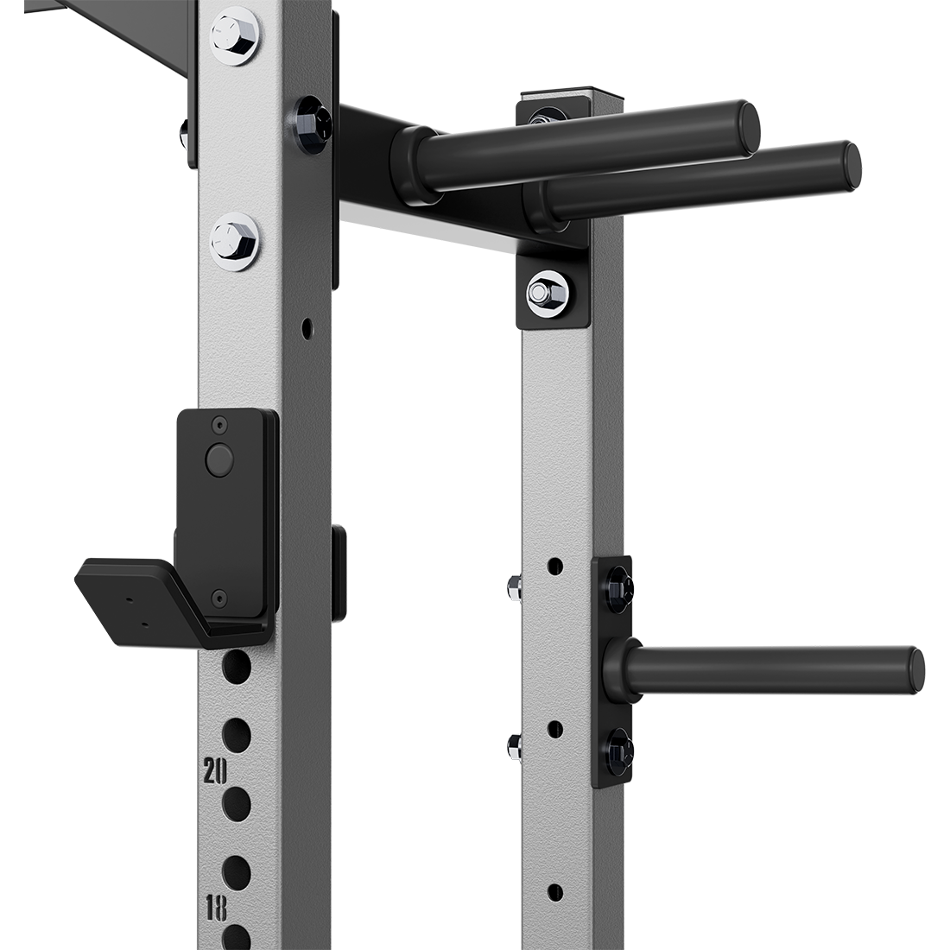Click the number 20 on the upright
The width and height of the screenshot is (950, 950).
click(x=215, y=770)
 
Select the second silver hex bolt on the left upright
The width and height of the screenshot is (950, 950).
click(x=234, y=238)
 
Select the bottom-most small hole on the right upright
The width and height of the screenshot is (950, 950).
click(x=555, y=891)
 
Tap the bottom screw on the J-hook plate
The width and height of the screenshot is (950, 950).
click(x=219, y=595)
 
